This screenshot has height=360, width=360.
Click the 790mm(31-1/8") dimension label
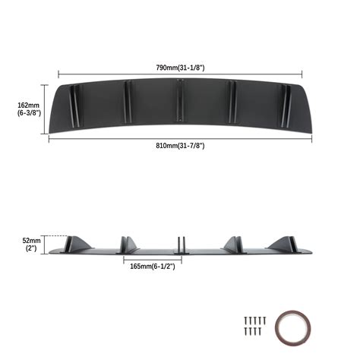(x=180, y=68)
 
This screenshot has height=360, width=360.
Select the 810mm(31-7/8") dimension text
(x=180, y=145)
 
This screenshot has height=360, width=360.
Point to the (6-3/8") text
(x=28, y=113)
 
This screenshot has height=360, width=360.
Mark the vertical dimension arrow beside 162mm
(x=48, y=109)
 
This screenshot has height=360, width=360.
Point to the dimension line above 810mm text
(x=180, y=138)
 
